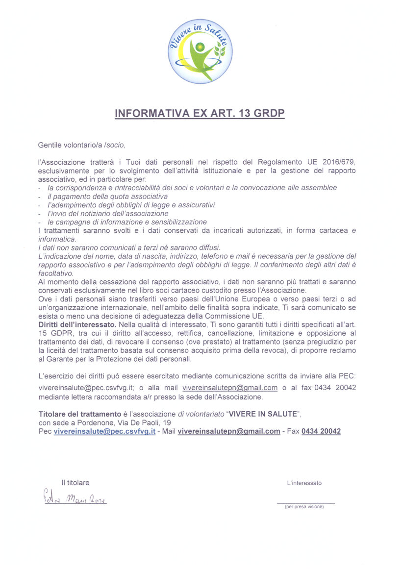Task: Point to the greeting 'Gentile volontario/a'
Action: pyautogui.click(x=74, y=145)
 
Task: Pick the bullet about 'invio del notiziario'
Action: pyautogui.click(x=108, y=213)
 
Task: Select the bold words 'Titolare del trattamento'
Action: pyautogui.click(x=79, y=414)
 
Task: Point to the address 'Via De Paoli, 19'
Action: pyautogui.click(x=143, y=422)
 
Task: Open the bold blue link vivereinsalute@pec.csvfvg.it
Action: pyautogui.click(x=104, y=431)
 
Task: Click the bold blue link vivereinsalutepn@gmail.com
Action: pyautogui.click(x=229, y=431)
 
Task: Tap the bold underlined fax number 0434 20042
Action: pyautogui.click(x=321, y=431)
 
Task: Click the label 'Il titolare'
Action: pyautogui.click(x=75, y=483)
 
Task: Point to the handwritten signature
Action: pyautogui.click(x=74, y=499)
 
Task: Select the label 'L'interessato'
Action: pyautogui.click(x=304, y=483)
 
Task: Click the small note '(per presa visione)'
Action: pyautogui.click(x=304, y=507)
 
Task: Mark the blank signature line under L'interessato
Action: pyautogui.click(x=305, y=502)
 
